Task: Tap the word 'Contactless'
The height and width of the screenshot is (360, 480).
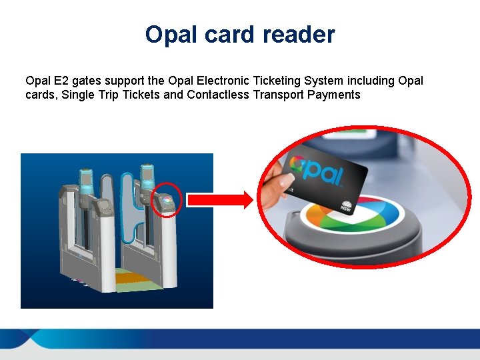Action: coord(217,95)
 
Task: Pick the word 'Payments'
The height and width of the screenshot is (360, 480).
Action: coord(334,95)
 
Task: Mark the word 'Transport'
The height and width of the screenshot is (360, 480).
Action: coord(278,95)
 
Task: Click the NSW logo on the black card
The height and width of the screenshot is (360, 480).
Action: coord(347,204)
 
